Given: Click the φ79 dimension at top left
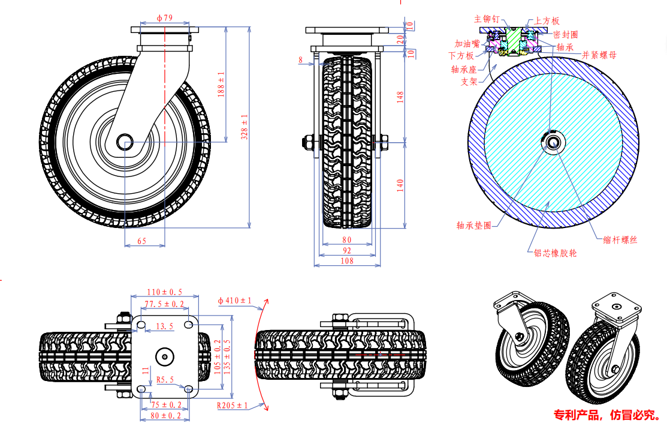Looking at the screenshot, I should [164, 19].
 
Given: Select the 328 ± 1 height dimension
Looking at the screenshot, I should [245, 127].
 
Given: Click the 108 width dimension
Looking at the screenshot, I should [347, 260].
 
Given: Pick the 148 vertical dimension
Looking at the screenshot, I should [400, 96].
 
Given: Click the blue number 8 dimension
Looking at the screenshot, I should [300, 59].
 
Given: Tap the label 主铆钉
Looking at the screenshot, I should [487, 20].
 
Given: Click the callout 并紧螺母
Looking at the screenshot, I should [599, 55].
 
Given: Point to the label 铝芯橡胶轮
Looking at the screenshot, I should [556, 253].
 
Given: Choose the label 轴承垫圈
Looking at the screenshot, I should [474, 226].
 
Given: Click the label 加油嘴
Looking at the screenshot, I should [467, 44].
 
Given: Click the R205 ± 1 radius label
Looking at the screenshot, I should [233, 406].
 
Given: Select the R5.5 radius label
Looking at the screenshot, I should [165, 380].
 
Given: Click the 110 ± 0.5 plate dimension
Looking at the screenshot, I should [165, 292].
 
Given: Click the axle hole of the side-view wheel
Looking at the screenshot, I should [125, 142].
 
